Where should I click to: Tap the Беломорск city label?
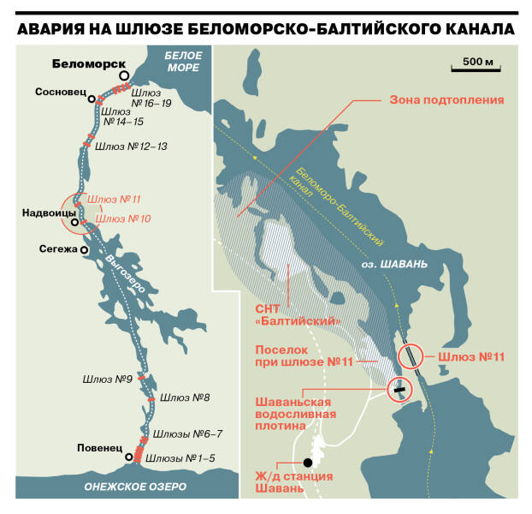84,64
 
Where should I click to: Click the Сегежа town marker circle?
84,250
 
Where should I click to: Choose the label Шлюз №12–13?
131,146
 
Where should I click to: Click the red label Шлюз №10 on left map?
123,219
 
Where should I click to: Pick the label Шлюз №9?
107,377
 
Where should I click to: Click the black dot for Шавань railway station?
307,462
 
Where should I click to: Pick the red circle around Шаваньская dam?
399,389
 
